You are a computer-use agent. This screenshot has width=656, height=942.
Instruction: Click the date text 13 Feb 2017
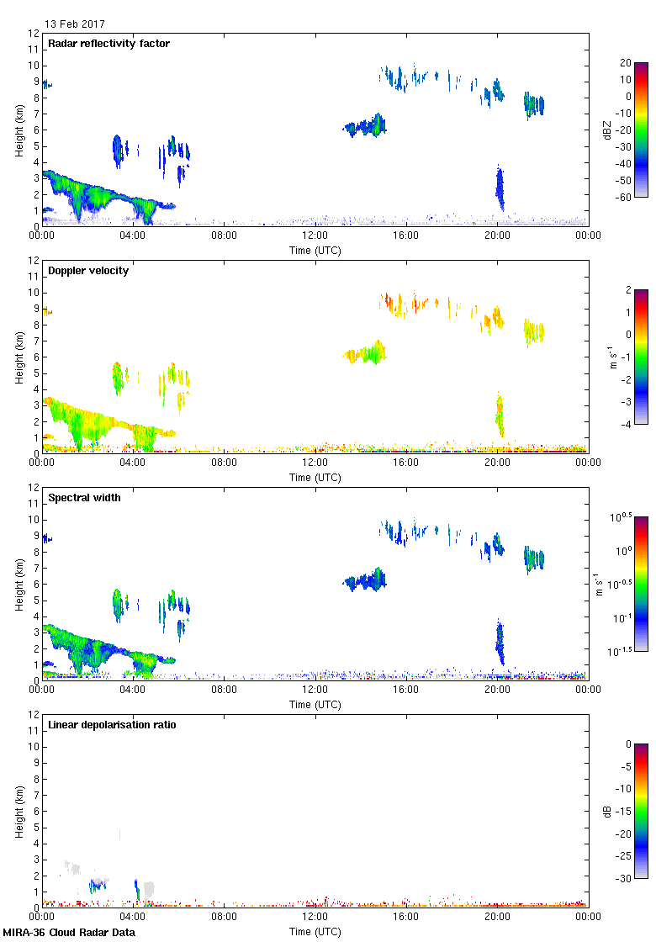[75, 24]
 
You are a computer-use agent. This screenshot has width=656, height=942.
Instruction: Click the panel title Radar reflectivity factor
[109, 44]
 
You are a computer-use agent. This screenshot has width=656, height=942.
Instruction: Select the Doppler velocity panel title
[88, 271]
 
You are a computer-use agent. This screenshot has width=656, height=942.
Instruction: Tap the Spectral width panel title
[84, 498]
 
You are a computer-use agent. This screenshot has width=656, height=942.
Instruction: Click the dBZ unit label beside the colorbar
[604, 129]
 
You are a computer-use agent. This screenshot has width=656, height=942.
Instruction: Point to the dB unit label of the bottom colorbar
[604, 811]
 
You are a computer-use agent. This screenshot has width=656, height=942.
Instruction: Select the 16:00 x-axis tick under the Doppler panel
[406, 463]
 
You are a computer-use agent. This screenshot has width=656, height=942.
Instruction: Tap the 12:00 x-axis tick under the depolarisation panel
[315, 917]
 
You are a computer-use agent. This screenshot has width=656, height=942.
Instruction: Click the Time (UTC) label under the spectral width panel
[315, 704]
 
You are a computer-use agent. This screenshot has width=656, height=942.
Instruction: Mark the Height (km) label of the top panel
[19, 130]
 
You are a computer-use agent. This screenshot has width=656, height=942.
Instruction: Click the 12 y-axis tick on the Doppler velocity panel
[34, 261]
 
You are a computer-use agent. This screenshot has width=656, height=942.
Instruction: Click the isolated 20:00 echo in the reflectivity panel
[500, 188]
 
